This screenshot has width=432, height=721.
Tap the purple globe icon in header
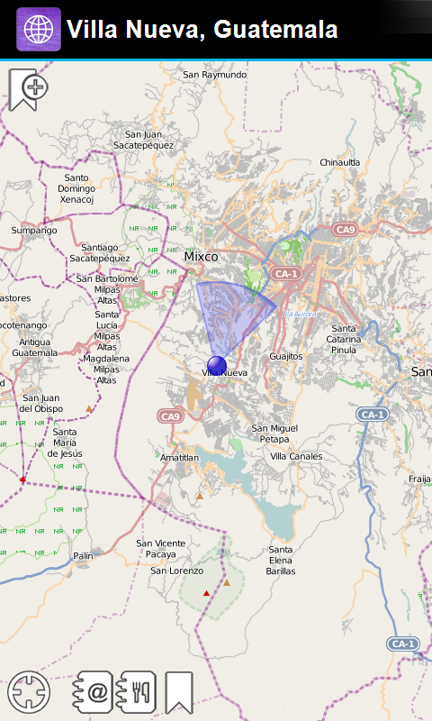click(x=39, y=30)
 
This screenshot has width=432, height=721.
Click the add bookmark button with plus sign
click(x=28, y=89)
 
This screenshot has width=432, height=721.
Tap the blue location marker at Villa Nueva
click(x=216, y=364)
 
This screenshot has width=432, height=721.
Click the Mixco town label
click(x=201, y=257)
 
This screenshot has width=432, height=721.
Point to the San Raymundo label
click(x=214, y=75)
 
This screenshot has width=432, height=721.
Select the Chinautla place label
click(x=339, y=162)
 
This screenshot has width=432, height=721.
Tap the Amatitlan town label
click(x=179, y=458)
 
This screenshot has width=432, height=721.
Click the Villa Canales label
click(x=296, y=456)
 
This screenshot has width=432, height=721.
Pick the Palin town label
click(x=83, y=556)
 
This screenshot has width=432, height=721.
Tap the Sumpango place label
click(x=34, y=231)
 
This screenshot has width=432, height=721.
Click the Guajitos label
click(x=286, y=356)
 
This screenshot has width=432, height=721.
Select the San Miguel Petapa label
click(x=274, y=434)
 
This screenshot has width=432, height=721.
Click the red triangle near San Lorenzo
click(x=206, y=593)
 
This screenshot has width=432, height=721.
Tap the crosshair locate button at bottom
click(x=29, y=692)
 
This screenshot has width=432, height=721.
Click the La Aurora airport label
click(x=301, y=314)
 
